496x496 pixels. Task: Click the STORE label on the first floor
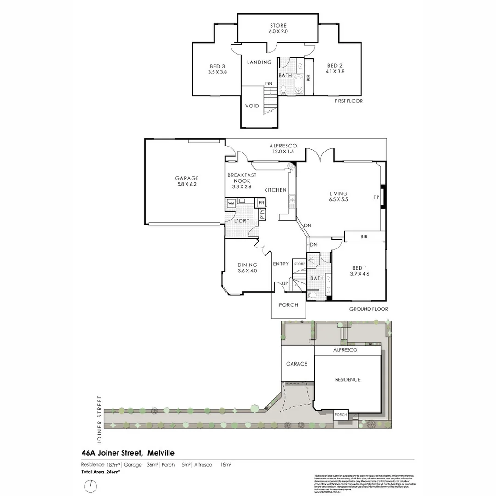click(278, 26)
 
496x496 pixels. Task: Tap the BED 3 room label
click(217, 66)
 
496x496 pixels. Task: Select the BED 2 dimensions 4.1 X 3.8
click(335, 72)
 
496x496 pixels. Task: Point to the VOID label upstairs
click(252, 106)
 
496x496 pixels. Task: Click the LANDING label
click(259, 62)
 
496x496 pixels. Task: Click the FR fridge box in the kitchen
click(261, 203)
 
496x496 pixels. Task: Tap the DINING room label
click(247, 265)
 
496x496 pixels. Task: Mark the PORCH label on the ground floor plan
click(288, 305)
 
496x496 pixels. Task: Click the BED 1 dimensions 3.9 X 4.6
click(360, 274)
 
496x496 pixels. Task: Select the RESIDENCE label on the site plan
click(347, 380)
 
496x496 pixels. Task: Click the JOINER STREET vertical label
click(99, 412)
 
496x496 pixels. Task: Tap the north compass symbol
click(91, 485)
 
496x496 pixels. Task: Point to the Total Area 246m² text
click(101, 472)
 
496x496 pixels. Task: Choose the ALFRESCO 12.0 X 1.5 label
click(283, 149)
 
